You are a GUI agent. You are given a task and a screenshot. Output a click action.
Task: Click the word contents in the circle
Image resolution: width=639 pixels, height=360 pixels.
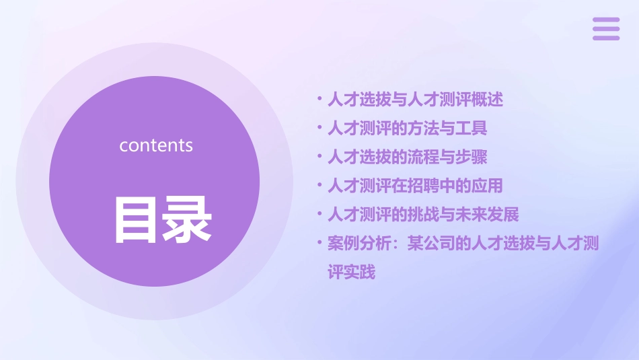coord(156,145)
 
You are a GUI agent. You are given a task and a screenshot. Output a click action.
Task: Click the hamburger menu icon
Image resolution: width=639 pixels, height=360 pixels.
coord(606,29)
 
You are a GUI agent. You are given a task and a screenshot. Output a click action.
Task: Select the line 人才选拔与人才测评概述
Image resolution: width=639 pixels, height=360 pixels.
coord(415,100)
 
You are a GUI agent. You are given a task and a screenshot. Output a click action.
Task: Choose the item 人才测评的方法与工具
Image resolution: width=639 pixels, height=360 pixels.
coord(407,129)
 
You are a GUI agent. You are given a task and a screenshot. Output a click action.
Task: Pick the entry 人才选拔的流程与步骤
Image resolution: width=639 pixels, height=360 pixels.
coord(407,157)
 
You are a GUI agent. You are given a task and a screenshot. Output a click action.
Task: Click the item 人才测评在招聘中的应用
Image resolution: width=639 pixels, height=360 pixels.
coord(415,186)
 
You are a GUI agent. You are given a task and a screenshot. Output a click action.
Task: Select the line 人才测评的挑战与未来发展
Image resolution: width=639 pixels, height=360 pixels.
coord(423,215)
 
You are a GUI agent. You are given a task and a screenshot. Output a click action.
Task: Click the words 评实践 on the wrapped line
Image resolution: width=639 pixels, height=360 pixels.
coord(351,273)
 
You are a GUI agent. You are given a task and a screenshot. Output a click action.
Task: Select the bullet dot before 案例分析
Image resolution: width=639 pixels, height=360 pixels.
coord(319,243)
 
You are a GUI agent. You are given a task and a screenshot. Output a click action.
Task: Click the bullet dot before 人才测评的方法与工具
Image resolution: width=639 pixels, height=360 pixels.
coord(319,128)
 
